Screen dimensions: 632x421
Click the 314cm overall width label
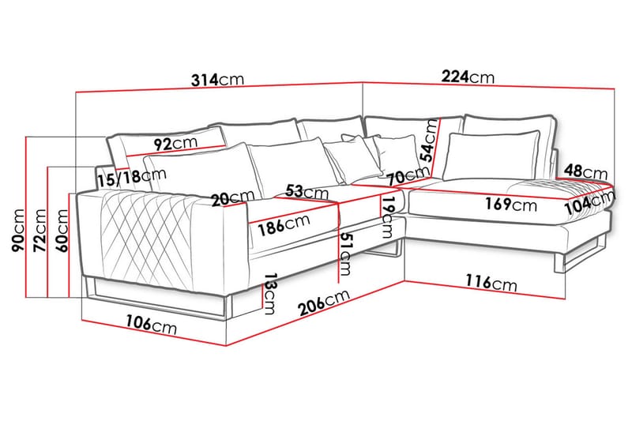coord(218,79)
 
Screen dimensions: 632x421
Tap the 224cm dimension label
coord(468,77)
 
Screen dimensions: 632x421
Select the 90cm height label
coord(18,230)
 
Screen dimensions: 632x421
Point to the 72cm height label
coord(40,230)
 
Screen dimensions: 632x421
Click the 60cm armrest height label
coord(62,231)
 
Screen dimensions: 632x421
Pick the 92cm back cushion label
coord(176,143)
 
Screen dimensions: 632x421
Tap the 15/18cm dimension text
coord(132,177)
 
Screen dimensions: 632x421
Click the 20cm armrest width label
coord(233,197)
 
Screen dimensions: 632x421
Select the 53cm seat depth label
coord(307,191)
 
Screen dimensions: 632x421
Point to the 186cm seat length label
coord(284,225)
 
